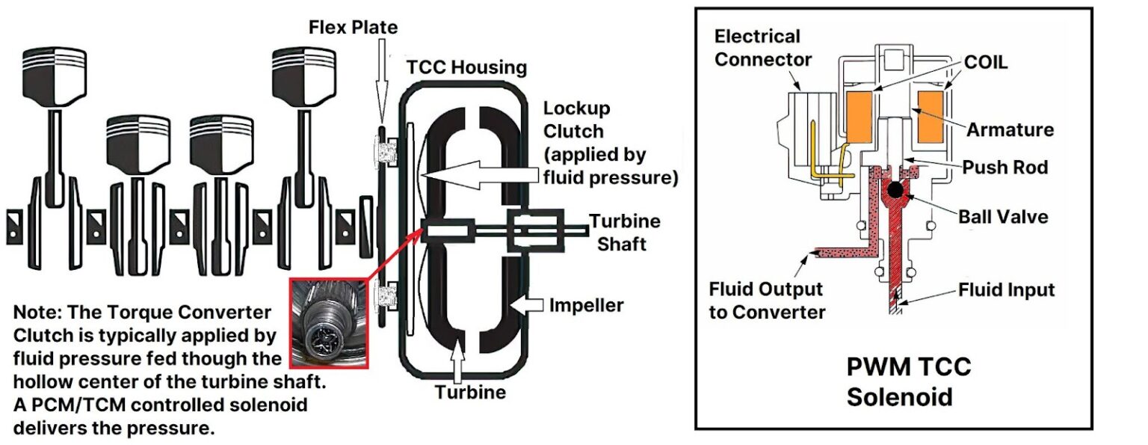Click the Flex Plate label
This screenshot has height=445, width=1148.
click(354, 28)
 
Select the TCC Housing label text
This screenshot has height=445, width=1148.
click(467, 67)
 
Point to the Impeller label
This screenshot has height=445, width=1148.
click(586, 305)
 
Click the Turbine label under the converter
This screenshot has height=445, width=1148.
click(470, 391)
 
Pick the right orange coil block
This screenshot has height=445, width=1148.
click(930, 117)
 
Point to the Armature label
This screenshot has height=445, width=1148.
click(1010, 129)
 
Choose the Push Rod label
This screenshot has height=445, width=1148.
click(1005, 167)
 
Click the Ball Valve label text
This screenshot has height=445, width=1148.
click(1003, 217)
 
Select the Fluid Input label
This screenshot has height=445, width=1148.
click(1006, 289)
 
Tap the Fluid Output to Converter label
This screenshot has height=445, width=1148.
click(766, 300)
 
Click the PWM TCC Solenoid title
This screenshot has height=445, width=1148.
click(908, 381)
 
